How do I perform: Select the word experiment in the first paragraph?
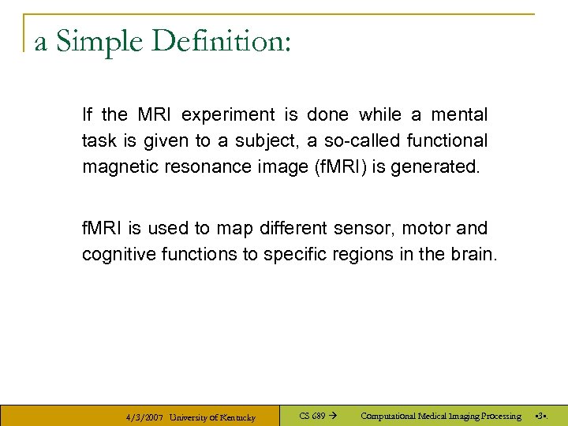(229, 115)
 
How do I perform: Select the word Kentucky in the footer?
(234, 417)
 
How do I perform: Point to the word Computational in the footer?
(390, 416)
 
